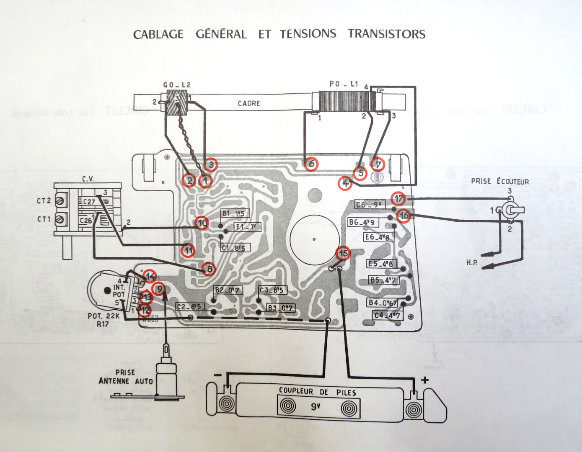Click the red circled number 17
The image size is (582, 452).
point(398,199)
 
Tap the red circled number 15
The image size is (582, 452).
point(344,253)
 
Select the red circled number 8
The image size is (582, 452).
point(209,269)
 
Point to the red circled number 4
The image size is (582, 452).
point(345,183)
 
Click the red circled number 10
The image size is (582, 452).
point(202,223)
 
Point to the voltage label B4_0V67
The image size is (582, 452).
point(383,303)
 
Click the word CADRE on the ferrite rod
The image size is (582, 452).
point(249,103)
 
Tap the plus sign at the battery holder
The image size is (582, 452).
point(425,380)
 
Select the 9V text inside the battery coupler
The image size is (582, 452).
point(316,405)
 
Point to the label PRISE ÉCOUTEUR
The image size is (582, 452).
point(499,182)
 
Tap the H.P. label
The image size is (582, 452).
point(472,263)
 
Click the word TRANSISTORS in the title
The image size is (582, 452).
point(386,34)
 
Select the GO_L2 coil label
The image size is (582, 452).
point(177,85)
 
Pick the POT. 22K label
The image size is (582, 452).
point(103,316)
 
